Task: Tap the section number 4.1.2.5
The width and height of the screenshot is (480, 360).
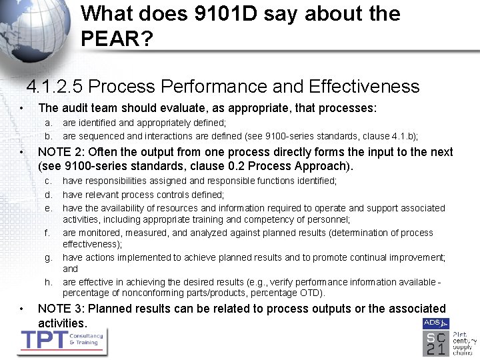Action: (54, 87)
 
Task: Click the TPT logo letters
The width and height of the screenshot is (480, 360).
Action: (44, 339)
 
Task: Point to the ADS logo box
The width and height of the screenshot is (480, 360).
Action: (431, 323)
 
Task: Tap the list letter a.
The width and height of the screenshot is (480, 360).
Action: (47, 123)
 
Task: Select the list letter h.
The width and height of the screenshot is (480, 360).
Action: (48, 282)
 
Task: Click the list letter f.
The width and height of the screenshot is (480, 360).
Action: (47, 233)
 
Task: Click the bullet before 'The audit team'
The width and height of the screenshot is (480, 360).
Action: (23, 108)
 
